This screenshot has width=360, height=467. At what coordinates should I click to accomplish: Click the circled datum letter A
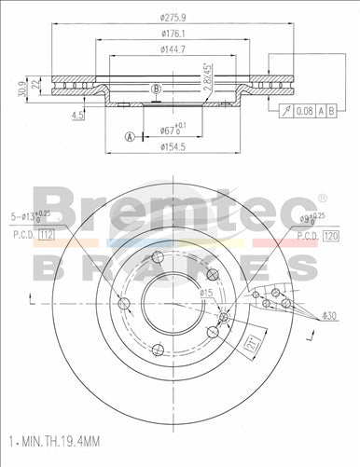pyautogui.click(x=129, y=137)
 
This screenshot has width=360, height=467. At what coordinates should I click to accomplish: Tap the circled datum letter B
pyautogui.click(x=157, y=89)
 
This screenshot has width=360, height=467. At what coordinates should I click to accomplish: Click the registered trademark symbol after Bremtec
pyautogui.click(x=322, y=197)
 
